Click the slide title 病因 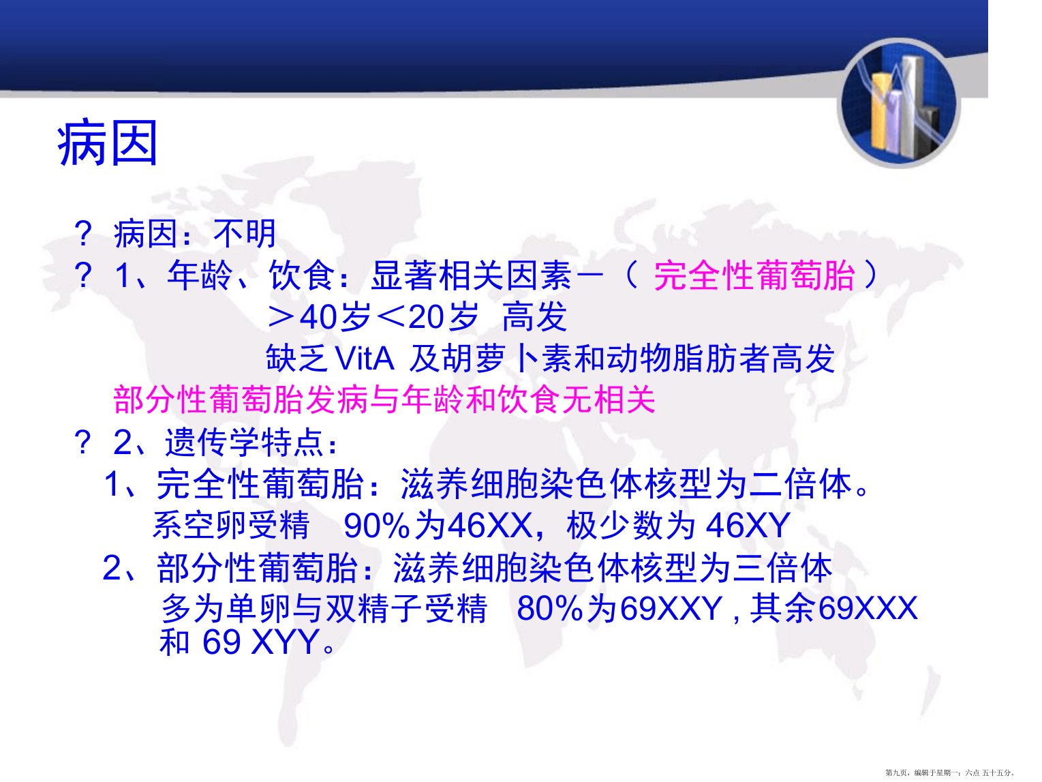(107, 143)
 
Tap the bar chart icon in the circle (898, 104)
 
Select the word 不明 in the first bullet (245, 234)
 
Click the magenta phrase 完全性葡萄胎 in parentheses (754, 275)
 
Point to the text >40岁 (320, 317)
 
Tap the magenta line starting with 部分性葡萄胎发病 (384, 400)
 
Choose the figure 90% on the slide (376, 526)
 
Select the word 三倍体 (782, 568)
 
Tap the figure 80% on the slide (549, 609)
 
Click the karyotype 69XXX (868, 609)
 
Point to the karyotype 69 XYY (260, 642)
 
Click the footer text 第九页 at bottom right (897, 773)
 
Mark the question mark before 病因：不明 (83, 234)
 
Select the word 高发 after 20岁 (534, 317)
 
